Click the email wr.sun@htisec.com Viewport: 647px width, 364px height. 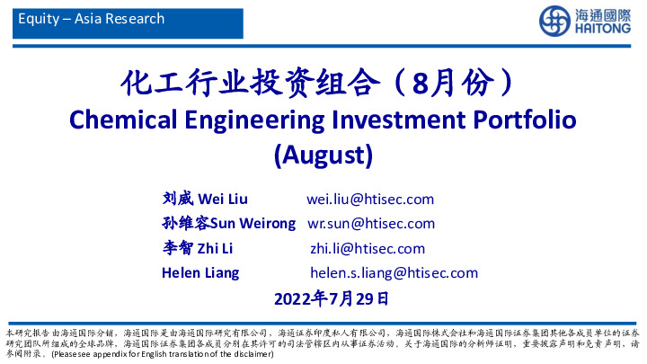click(x=371, y=223)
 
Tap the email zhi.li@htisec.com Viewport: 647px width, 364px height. click(x=368, y=248)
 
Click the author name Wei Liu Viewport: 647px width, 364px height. click(x=222, y=199)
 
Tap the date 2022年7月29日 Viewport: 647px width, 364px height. click(x=331, y=297)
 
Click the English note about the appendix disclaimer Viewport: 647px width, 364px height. click(x=162, y=355)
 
